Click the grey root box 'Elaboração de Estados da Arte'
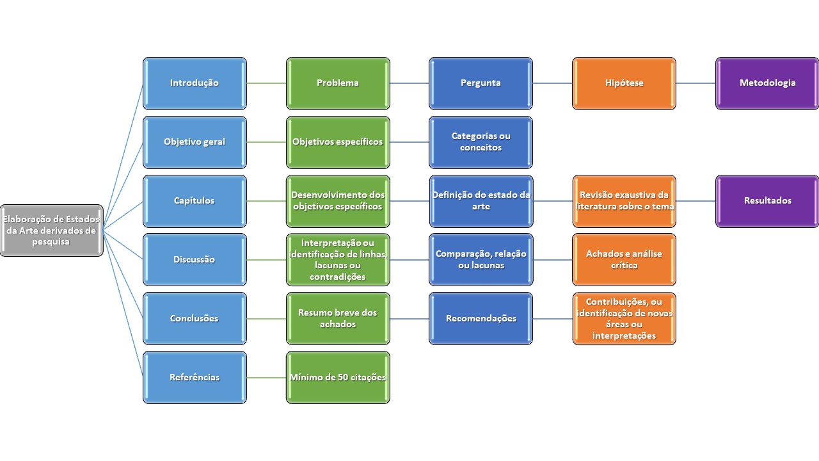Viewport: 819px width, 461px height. pyautogui.click(x=51, y=230)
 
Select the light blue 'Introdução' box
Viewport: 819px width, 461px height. pyautogui.click(x=195, y=83)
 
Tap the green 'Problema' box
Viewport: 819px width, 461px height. pyautogui.click(x=338, y=83)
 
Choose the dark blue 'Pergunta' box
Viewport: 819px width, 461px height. pyautogui.click(x=481, y=83)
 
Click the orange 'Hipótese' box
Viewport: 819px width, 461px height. pyautogui.click(x=624, y=83)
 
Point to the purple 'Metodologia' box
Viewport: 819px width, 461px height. pyautogui.click(x=767, y=83)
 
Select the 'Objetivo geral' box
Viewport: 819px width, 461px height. pyautogui.click(x=195, y=142)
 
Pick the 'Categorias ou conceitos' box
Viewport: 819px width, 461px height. pyautogui.click(x=481, y=142)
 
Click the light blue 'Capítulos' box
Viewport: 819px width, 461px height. pyautogui.click(x=195, y=201)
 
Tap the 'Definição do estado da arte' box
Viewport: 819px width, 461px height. pyautogui.click(x=481, y=201)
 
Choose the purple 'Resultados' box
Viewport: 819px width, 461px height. pyautogui.click(x=767, y=201)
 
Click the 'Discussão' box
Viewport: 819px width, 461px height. pyautogui.click(x=195, y=260)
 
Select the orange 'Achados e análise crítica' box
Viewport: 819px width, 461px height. pyautogui.click(x=624, y=260)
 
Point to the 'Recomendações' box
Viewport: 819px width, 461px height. pyautogui.click(x=481, y=319)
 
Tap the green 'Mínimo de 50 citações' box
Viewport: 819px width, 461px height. pyautogui.click(x=338, y=378)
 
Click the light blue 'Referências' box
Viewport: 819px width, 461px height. pyautogui.click(x=195, y=378)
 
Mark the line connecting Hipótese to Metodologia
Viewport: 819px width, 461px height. pyautogui.click(x=696, y=83)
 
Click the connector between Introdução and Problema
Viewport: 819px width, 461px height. pyautogui.click(x=266, y=83)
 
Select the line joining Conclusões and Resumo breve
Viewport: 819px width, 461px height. pyautogui.click(x=266, y=319)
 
